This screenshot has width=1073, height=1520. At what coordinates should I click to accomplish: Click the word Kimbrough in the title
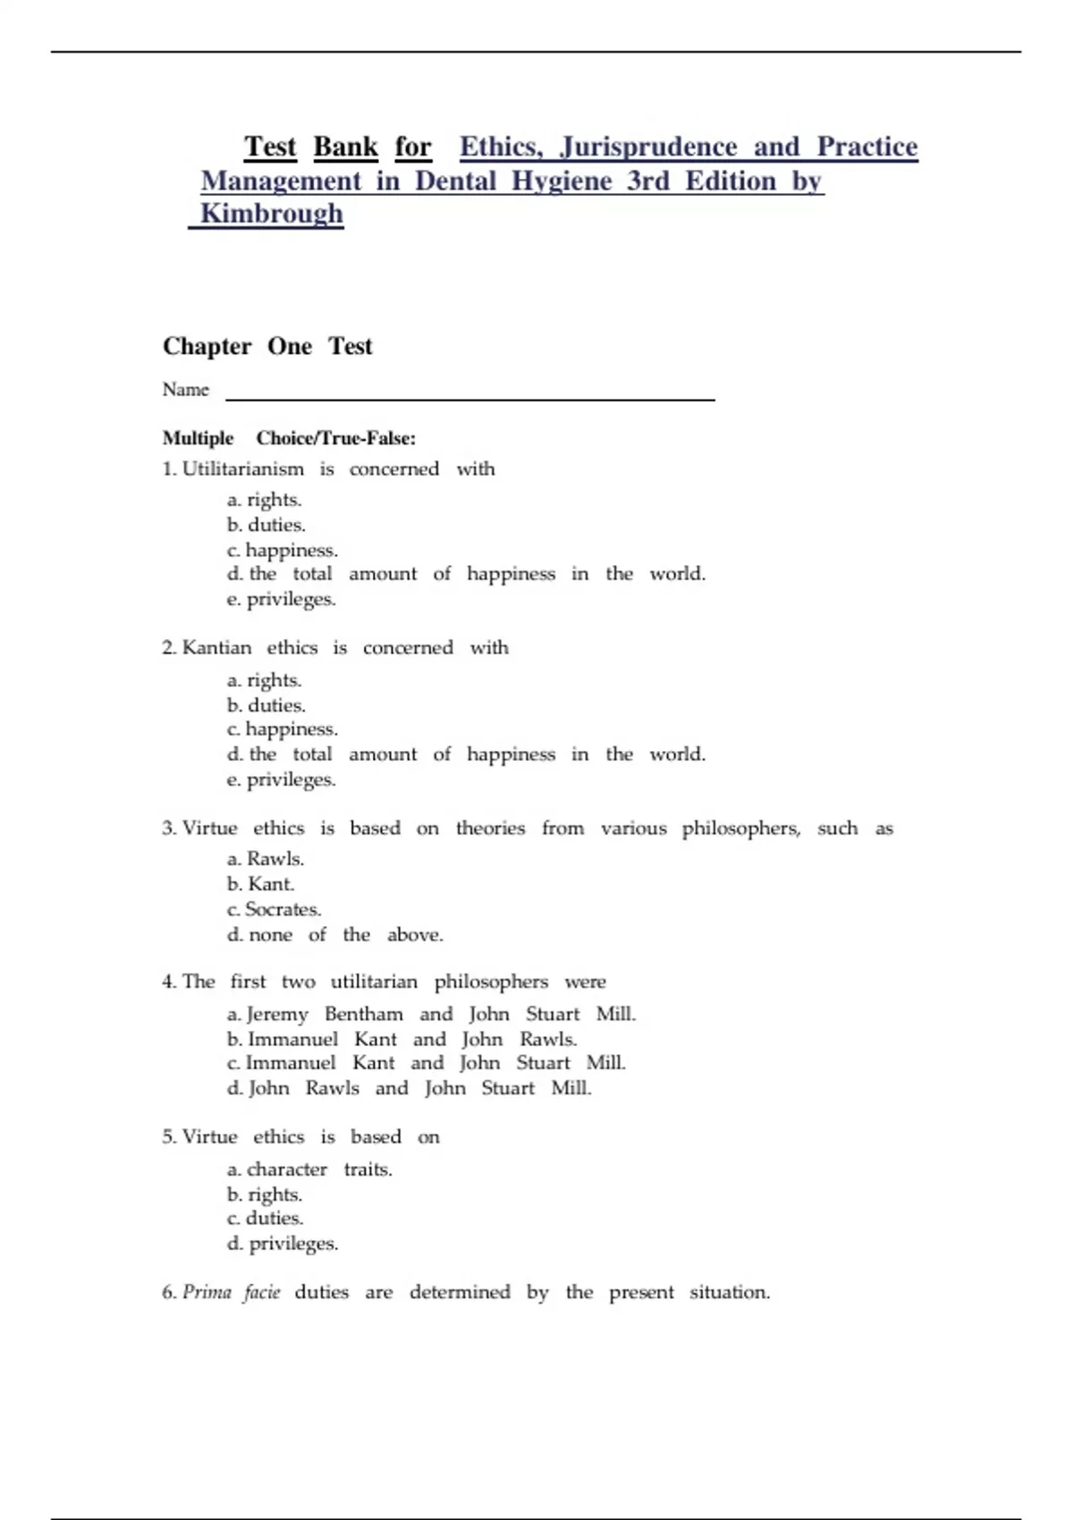pos(271,214)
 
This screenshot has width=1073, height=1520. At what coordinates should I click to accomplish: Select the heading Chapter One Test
pos(266,346)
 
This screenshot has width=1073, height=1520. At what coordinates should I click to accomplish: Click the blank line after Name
pos(469,394)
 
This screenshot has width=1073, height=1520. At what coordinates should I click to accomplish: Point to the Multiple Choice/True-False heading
pos(289,438)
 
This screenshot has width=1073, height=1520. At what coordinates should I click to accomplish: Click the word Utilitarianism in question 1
pos(242,469)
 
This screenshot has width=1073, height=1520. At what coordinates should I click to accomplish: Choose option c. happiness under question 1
pos(283,550)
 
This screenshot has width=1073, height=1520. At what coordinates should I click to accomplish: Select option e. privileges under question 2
pos(282,780)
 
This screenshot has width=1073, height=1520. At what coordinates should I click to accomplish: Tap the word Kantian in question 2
pos(216,647)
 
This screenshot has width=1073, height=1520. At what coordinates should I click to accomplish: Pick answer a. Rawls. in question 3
pos(266,858)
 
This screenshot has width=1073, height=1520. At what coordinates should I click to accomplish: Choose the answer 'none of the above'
pos(335,935)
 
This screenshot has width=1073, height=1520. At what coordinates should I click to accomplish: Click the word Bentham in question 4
pos(363,1014)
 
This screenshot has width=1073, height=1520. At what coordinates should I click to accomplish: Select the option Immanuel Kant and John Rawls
pos(401,1039)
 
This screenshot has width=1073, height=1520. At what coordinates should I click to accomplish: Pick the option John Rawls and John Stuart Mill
pos(409,1088)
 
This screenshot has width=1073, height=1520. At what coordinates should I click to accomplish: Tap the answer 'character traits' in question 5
pos(309,1170)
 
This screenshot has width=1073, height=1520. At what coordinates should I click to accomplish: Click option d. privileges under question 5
pos(283,1244)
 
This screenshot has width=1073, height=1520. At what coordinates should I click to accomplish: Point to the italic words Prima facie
pos(231,1292)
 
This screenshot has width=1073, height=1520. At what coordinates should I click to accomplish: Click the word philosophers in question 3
pos(740,829)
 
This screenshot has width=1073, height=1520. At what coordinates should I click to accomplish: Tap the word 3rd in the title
pos(647,181)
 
